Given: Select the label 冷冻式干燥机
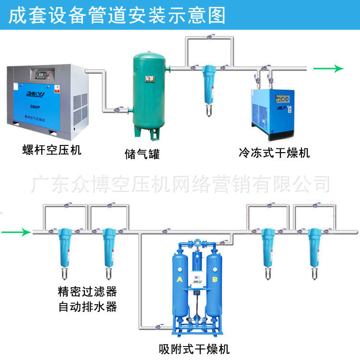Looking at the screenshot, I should pos(274,153).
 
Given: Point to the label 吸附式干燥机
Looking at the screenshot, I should pos(197,349).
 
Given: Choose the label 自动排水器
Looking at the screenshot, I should pos(87,306).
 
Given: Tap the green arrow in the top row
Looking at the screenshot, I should pos(329,69).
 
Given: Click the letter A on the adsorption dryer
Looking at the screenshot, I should pos(180,279).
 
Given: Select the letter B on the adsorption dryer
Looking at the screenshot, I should pos(215,279).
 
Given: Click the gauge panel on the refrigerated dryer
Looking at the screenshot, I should pos(282,100).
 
